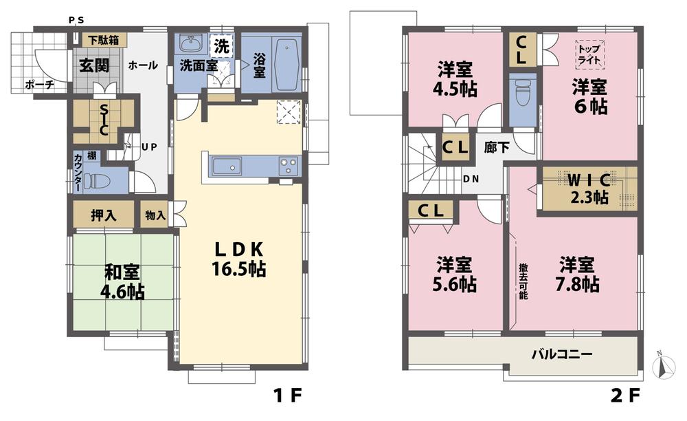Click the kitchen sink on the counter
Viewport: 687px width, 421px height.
click(227, 166)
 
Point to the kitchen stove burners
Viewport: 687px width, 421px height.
click(287, 166)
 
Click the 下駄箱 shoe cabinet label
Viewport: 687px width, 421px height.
click(102, 40)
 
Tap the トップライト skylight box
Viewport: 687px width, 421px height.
click(589, 53)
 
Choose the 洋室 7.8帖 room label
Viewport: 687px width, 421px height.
click(578, 274)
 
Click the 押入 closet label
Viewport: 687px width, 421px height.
click(104, 215)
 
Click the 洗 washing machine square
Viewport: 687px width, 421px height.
click(221, 47)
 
